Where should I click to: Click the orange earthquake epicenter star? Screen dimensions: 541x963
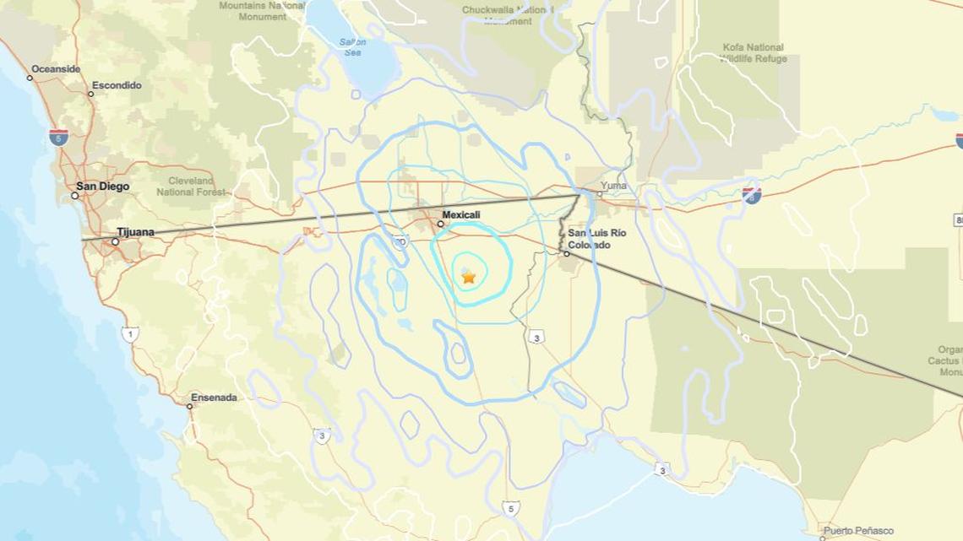click(469, 276)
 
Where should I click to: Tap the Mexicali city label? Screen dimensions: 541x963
click(461, 215)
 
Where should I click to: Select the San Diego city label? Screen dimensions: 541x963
click(102, 187)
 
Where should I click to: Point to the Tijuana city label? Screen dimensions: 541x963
click(135, 232)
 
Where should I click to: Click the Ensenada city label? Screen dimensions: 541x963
click(214, 398)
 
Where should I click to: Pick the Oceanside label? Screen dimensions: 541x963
click(56, 69)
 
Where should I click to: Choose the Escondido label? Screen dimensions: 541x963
click(117, 85)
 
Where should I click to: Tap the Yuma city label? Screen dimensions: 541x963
click(614, 186)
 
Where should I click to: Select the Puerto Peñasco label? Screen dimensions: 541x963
click(858, 531)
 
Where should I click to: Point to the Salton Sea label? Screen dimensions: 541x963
click(352, 46)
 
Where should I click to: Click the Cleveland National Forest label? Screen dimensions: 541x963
click(191, 187)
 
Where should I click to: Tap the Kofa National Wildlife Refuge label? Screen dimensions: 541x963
click(754, 53)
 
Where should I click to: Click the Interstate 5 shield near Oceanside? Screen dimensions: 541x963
click(58, 137)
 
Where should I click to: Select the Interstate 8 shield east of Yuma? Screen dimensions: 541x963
click(751, 196)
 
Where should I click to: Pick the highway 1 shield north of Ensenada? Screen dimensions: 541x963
click(129, 334)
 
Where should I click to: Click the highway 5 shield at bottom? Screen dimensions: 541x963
click(509, 508)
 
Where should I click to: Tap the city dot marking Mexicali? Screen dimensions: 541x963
click(440, 225)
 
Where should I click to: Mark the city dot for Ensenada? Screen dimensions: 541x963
click(190, 406)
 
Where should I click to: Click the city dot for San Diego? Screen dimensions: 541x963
click(74, 196)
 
